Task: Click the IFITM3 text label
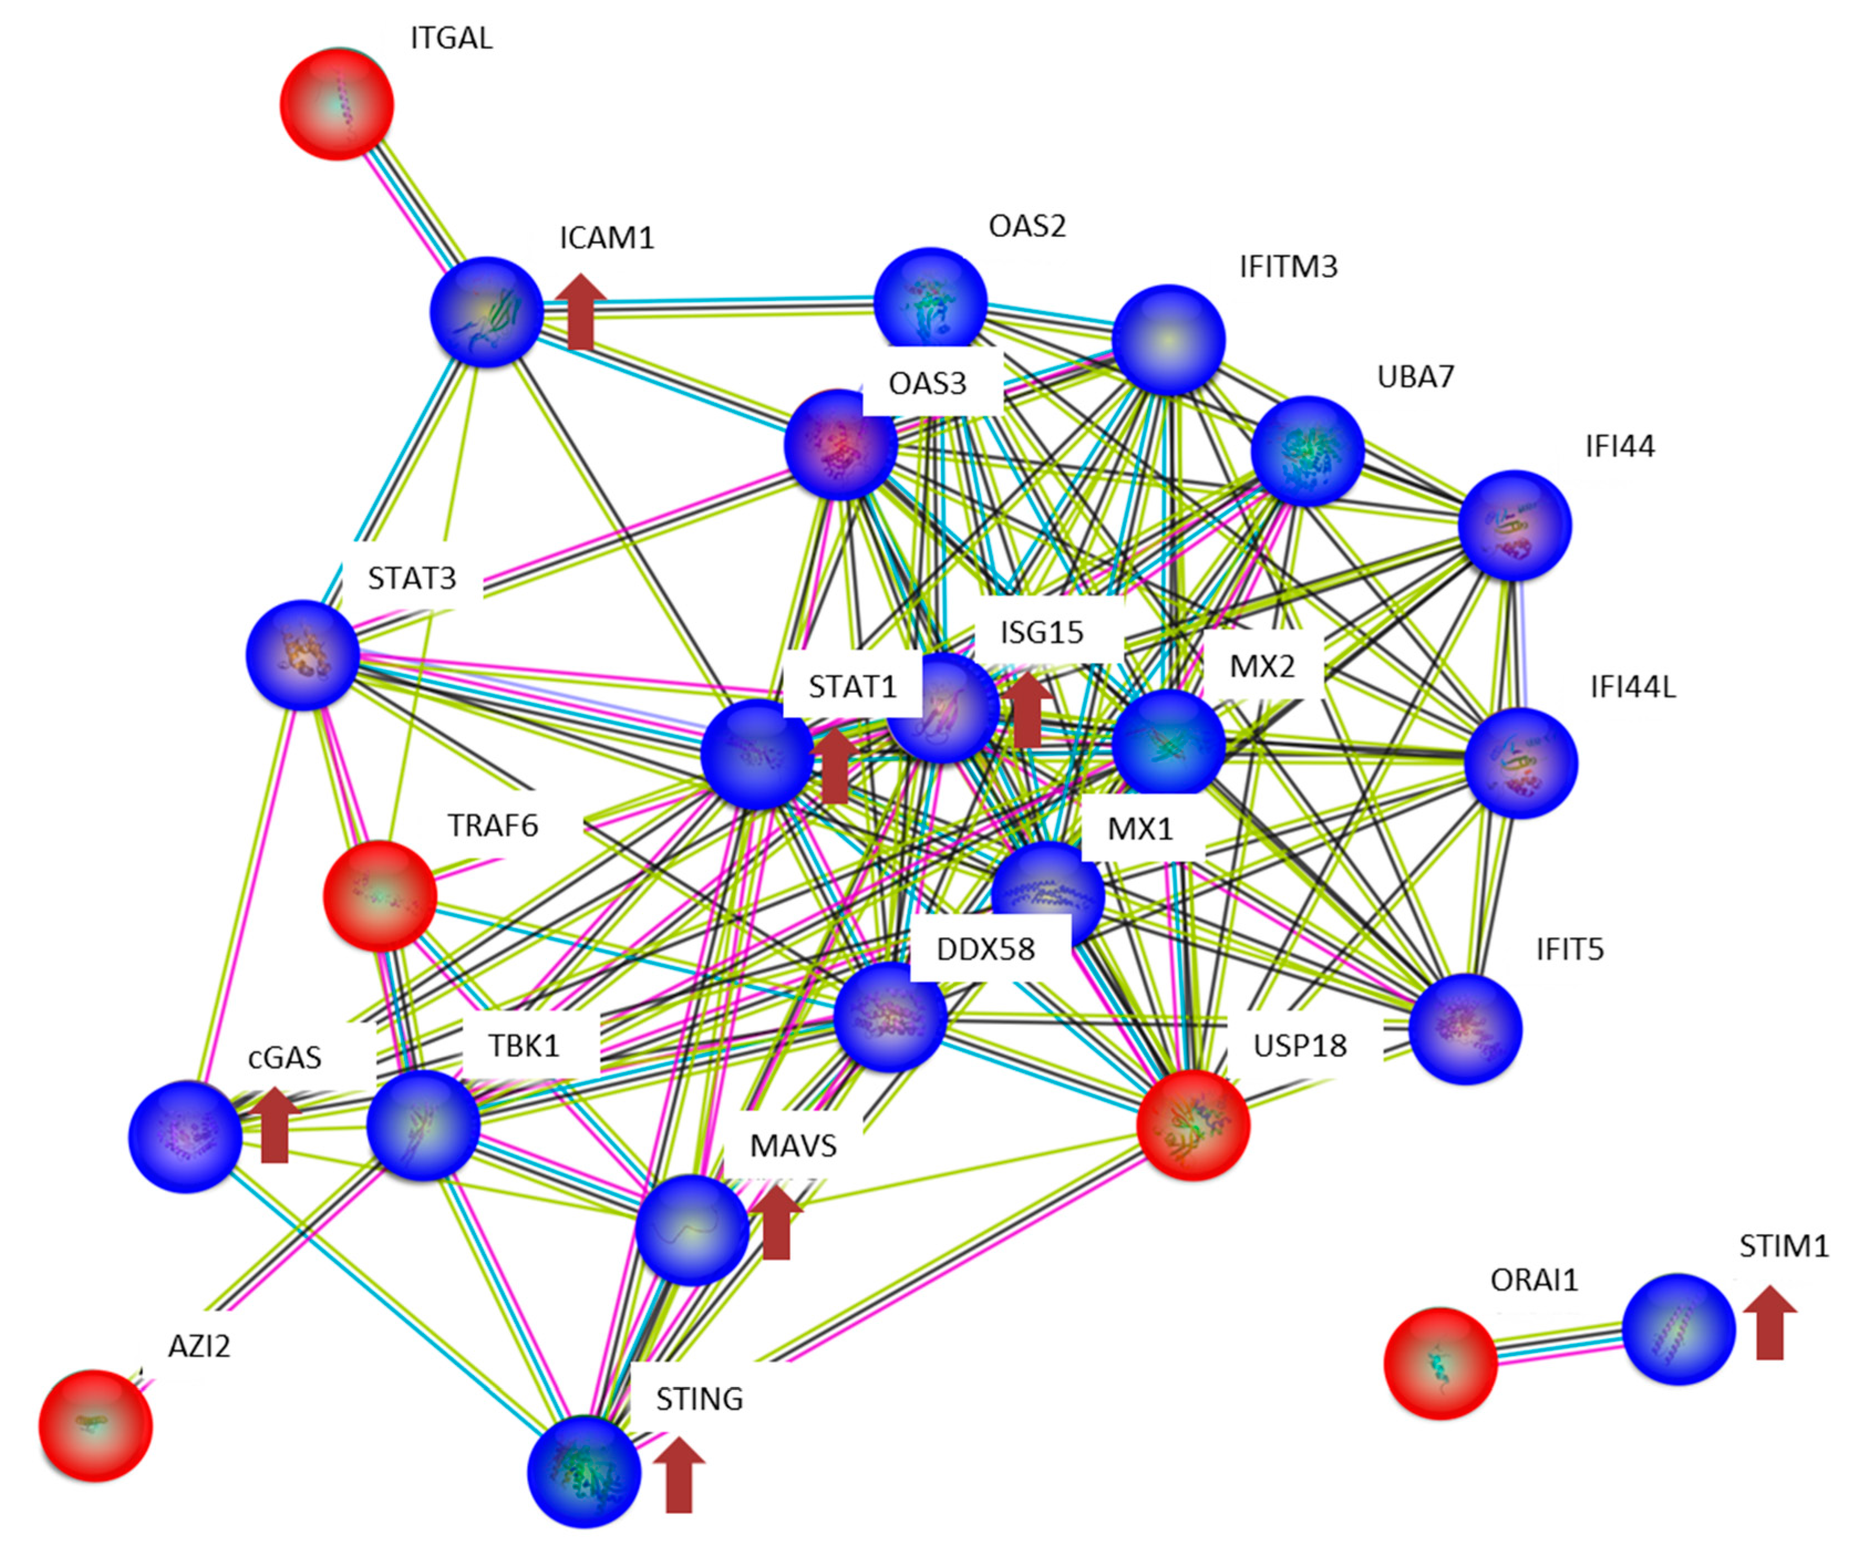[x=1288, y=267]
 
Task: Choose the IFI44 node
[x=1514, y=525]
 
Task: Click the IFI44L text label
[x=1632, y=687]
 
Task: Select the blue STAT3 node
[x=303, y=655]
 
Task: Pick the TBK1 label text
[x=524, y=1046]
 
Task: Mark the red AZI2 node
[x=95, y=1425]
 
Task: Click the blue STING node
[x=583, y=1471]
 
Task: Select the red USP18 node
[x=1192, y=1125]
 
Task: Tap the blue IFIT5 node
[x=1465, y=1028]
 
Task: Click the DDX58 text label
[x=985, y=950]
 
